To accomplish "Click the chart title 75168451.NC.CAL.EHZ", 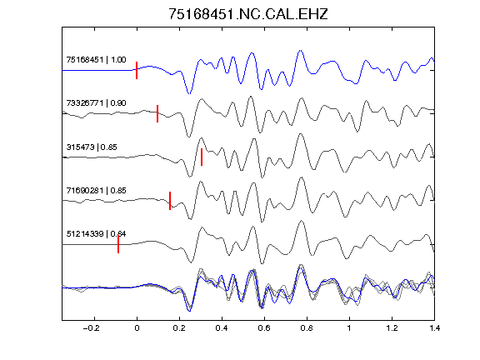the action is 248,14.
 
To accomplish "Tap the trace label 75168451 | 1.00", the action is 96,59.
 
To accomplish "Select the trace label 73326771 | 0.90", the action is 96,102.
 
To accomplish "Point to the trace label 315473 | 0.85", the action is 92,147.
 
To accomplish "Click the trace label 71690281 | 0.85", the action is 96,190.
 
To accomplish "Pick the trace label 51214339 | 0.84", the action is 96,234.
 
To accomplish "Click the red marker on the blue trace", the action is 137,70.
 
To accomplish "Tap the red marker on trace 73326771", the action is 157,113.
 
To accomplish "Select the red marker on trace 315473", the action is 202,157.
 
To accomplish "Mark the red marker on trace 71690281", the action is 170,201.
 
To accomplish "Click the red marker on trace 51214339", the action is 118,244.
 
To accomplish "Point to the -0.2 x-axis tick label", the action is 92,328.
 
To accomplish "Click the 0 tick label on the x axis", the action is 137,328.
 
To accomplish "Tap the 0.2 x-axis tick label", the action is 179,328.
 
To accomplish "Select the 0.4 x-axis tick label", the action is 222,328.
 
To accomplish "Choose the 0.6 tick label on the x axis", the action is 264,328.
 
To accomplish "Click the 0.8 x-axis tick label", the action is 307,328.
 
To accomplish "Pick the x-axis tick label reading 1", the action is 349,328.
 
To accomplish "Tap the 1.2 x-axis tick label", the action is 392,328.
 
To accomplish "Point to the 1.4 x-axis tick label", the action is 434,328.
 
